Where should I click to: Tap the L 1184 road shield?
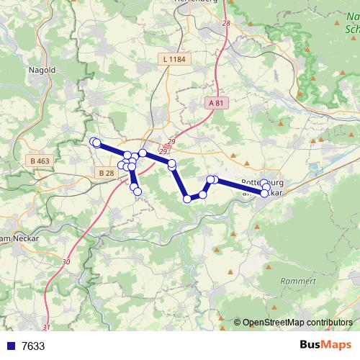click(174, 60)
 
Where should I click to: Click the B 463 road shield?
click(40, 161)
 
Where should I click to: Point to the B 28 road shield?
click(106, 173)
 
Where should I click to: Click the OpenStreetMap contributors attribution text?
click(297, 323)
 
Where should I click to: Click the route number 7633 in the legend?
click(33, 346)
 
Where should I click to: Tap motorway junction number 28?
click(227, 24)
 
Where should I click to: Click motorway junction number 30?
click(66, 261)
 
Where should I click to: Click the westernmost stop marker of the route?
click(94, 142)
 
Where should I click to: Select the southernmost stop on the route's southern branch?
click(137, 191)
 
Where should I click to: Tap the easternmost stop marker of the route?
click(267, 188)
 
